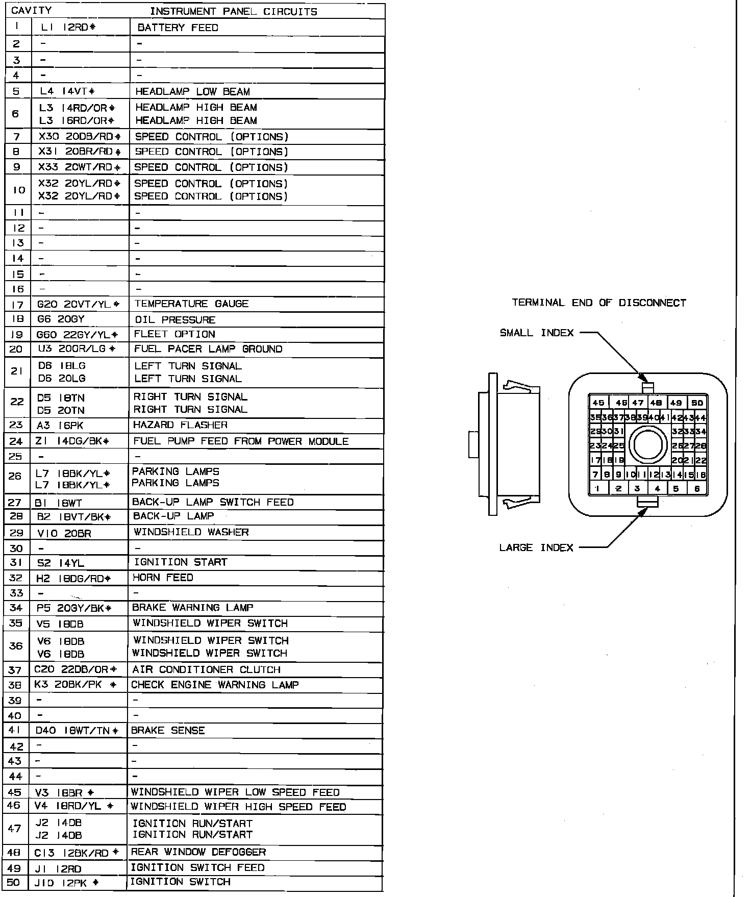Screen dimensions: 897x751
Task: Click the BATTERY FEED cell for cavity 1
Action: (x=178, y=28)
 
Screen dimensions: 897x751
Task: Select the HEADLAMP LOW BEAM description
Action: (x=192, y=92)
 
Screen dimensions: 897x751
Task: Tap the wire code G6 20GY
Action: (x=61, y=319)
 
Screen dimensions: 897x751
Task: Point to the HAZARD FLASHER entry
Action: (x=180, y=425)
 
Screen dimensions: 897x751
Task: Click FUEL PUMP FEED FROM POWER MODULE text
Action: (x=241, y=441)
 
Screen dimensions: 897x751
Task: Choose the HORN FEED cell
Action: (x=163, y=578)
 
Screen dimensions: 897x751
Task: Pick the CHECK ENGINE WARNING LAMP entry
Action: (x=215, y=685)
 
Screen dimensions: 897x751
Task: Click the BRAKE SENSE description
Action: (x=168, y=731)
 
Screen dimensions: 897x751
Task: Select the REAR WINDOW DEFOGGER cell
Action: (x=198, y=852)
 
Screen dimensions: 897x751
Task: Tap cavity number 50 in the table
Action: (x=14, y=882)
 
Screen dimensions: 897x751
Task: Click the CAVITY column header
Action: (x=32, y=11)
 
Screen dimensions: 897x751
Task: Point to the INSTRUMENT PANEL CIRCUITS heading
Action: (x=233, y=11)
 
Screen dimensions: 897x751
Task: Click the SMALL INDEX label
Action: (x=537, y=333)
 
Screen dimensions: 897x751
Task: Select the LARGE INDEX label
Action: (x=536, y=548)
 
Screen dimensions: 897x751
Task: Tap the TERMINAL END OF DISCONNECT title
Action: (x=599, y=303)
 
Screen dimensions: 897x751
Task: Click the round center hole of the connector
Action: (x=648, y=445)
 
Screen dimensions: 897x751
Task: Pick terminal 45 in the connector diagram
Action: (x=598, y=403)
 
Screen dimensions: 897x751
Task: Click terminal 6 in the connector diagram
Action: (x=697, y=488)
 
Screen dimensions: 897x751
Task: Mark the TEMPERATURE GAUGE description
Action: (x=191, y=304)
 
